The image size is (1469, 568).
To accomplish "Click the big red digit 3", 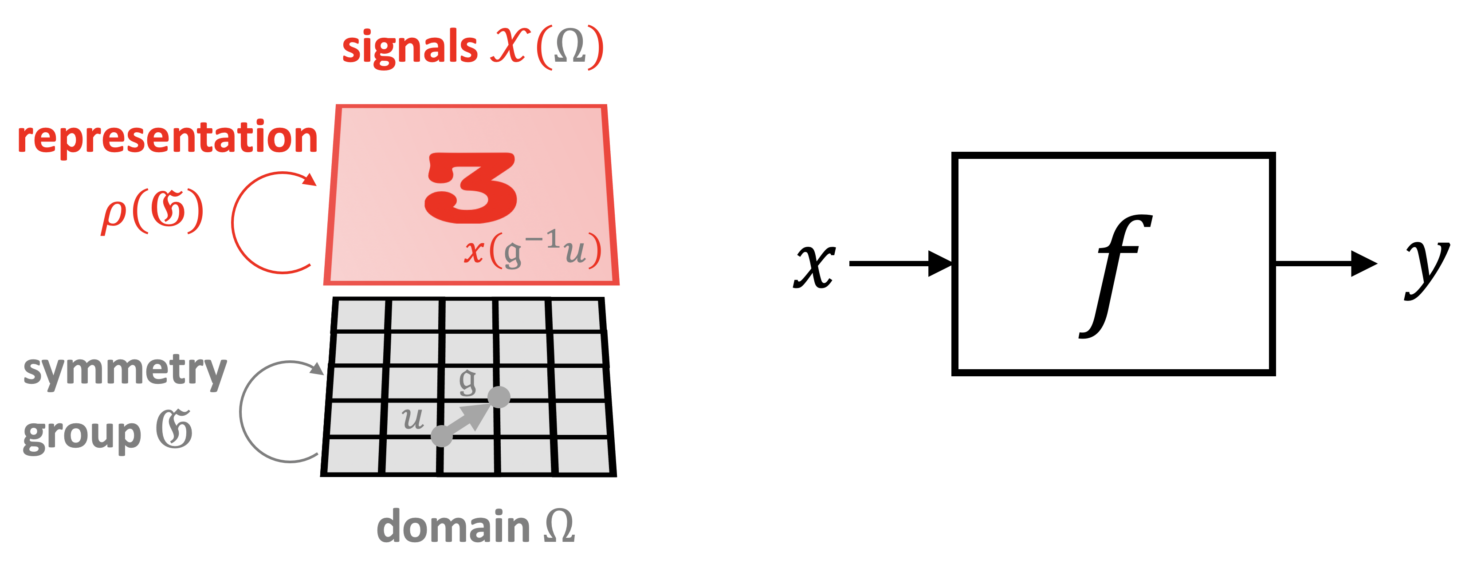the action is tap(471, 188).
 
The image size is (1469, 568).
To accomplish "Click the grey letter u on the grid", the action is tap(413, 419).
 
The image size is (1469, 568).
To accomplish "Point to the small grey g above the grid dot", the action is tap(467, 382).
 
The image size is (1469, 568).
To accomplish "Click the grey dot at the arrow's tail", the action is tap(442, 436).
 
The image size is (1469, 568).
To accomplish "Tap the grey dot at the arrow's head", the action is tap(499, 397).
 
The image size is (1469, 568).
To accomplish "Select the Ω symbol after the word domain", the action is tap(559, 526).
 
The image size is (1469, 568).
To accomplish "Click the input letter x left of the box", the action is tap(814, 267).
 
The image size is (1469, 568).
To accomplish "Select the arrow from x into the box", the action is tap(901, 264).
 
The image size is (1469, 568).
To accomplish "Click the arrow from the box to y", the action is tap(1326, 264).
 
